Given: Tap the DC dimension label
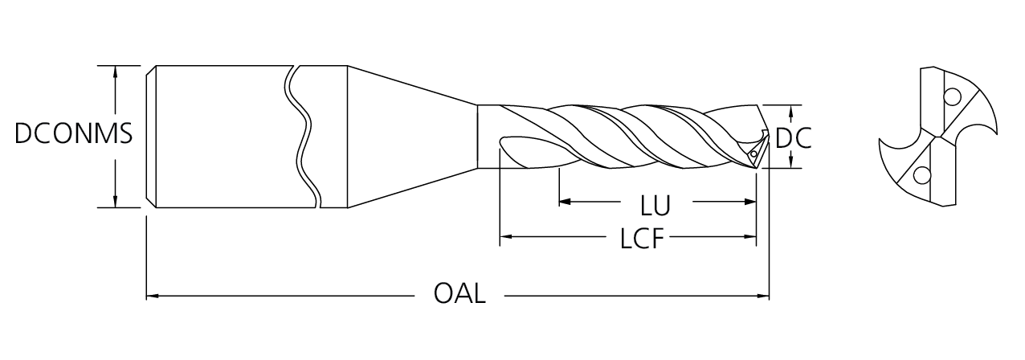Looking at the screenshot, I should click(793, 138).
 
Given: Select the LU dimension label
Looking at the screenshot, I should click(655, 206).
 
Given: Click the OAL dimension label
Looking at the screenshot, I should click(459, 294).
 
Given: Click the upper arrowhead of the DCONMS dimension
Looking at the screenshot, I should click(116, 72).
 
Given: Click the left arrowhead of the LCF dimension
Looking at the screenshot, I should click(507, 237).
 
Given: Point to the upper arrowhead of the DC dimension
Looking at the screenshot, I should click(793, 111).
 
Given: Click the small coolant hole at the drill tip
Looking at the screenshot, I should click(754, 152).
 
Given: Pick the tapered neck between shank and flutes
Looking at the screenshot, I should click(410, 137).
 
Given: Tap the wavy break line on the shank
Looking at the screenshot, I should click(301, 137).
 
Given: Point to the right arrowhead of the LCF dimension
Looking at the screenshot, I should click(751, 237).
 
